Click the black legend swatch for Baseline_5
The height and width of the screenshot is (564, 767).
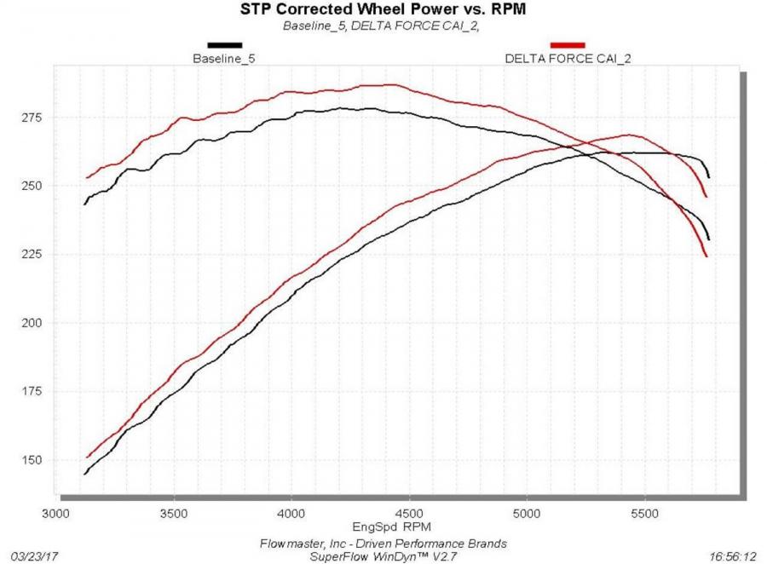point(225,45)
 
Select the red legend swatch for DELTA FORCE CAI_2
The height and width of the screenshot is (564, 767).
point(568,45)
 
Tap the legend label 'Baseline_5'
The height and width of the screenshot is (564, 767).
point(224,59)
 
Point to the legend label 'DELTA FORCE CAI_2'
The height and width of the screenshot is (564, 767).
point(568,59)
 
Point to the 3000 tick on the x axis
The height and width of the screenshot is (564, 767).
point(56,514)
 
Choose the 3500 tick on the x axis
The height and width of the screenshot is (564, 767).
point(174,514)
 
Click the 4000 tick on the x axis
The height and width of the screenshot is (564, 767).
point(291,514)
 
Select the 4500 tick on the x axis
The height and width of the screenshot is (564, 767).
point(409,514)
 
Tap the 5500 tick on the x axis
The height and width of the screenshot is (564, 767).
point(644,514)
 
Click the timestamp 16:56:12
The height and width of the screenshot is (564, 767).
point(733,555)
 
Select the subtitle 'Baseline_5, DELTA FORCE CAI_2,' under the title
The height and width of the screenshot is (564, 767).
point(376,26)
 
